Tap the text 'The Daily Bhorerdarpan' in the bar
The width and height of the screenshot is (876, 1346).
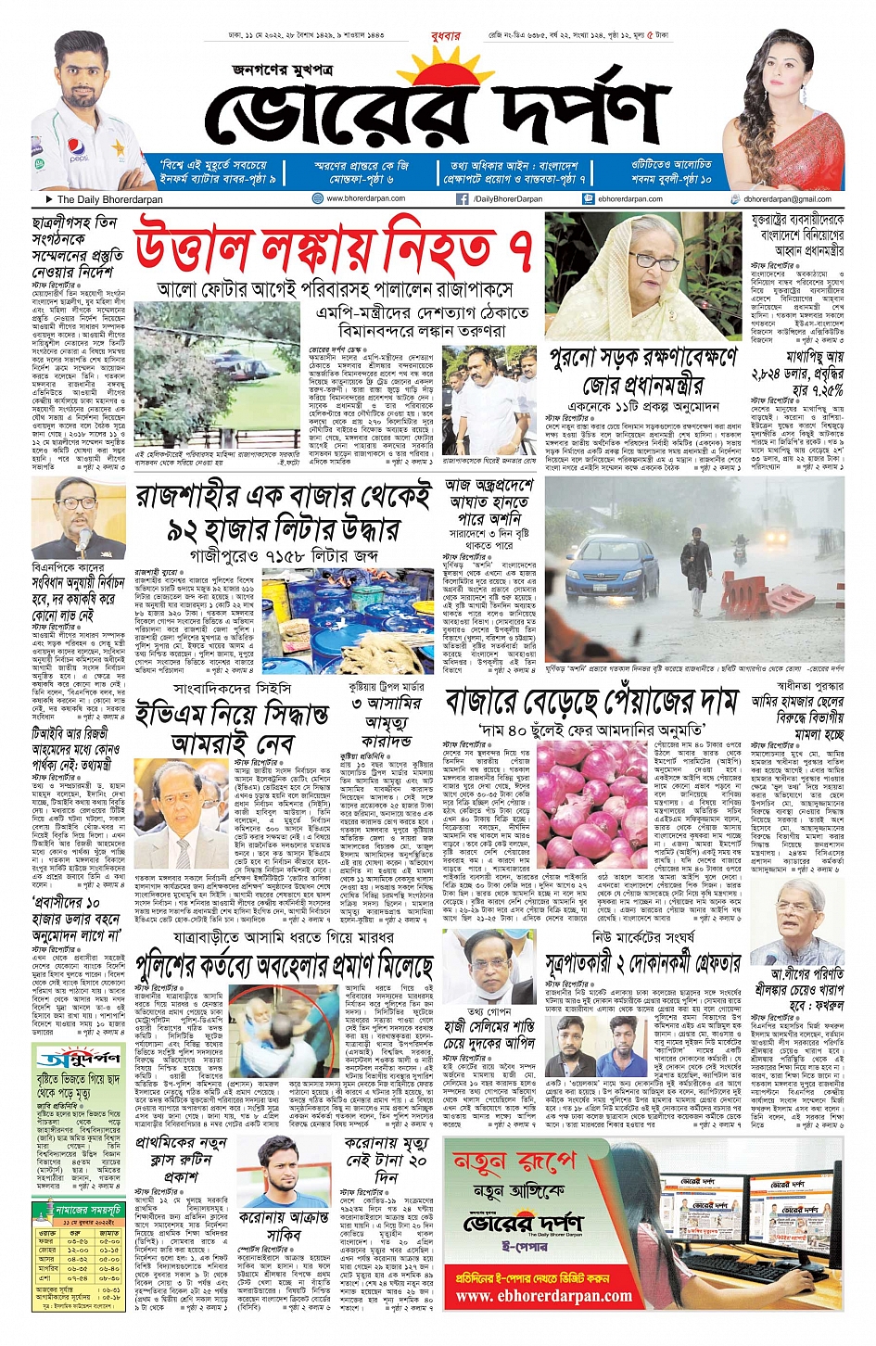109,199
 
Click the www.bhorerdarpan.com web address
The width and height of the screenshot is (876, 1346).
365,198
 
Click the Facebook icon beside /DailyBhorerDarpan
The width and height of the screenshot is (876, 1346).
461,199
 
